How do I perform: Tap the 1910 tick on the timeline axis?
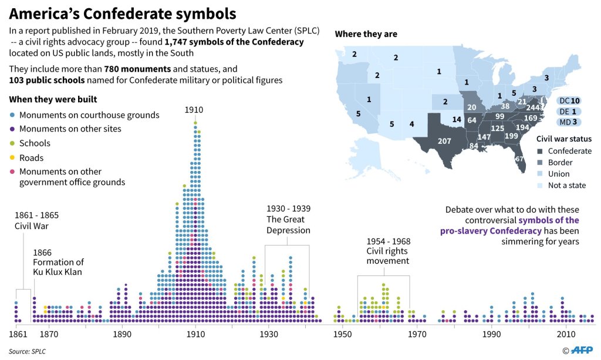click(x=195, y=334)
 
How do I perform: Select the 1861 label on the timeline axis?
click(x=18, y=334)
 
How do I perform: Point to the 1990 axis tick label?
click(x=492, y=334)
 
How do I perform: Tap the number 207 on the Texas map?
click(x=445, y=141)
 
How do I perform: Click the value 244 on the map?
click(x=533, y=107)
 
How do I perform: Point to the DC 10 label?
click(x=569, y=100)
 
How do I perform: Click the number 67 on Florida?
click(x=519, y=159)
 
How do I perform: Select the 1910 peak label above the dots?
click(x=194, y=110)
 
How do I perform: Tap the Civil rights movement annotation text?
click(x=388, y=251)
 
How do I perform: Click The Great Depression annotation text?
click(x=288, y=220)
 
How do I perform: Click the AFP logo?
click(x=581, y=351)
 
